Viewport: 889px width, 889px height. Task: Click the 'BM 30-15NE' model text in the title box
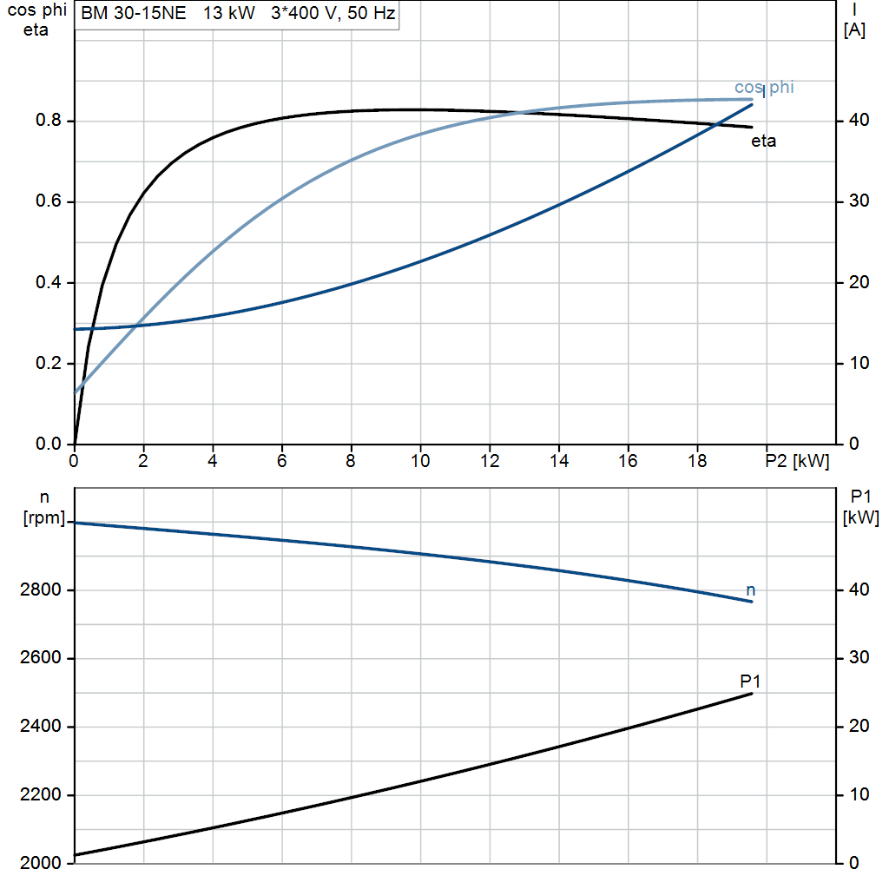click(133, 13)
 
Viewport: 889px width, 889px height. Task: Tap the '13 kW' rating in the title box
click(229, 13)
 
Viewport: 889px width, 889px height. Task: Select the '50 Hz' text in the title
click(372, 13)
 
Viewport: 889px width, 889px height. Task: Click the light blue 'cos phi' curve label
click(764, 87)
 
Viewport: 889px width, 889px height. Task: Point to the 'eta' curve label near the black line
click(764, 141)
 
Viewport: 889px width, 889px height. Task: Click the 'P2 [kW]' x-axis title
click(797, 461)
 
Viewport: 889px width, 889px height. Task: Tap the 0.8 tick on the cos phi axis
click(49, 120)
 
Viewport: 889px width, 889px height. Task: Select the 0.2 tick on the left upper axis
click(49, 363)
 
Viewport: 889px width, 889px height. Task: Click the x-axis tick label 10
click(420, 461)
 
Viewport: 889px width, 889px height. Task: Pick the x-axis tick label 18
click(697, 461)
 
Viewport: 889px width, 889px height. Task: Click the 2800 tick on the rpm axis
click(40, 589)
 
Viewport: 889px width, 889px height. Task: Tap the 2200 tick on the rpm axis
click(40, 794)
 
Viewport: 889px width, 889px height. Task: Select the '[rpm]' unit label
click(44, 517)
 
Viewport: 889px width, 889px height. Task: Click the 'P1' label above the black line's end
click(750, 681)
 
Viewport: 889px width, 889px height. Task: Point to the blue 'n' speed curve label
click(751, 590)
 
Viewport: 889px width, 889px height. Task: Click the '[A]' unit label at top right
click(854, 30)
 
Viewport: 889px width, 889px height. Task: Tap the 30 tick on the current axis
click(859, 201)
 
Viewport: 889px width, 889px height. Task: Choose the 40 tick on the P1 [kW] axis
click(859, 589)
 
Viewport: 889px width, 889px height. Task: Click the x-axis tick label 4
click(213, 461)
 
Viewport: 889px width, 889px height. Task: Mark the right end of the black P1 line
click(752, 694)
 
